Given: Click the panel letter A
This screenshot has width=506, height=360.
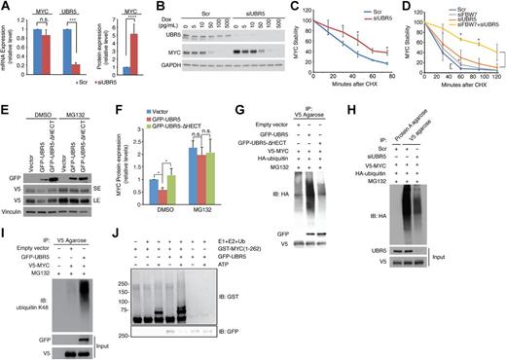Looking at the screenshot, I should point(6,6).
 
